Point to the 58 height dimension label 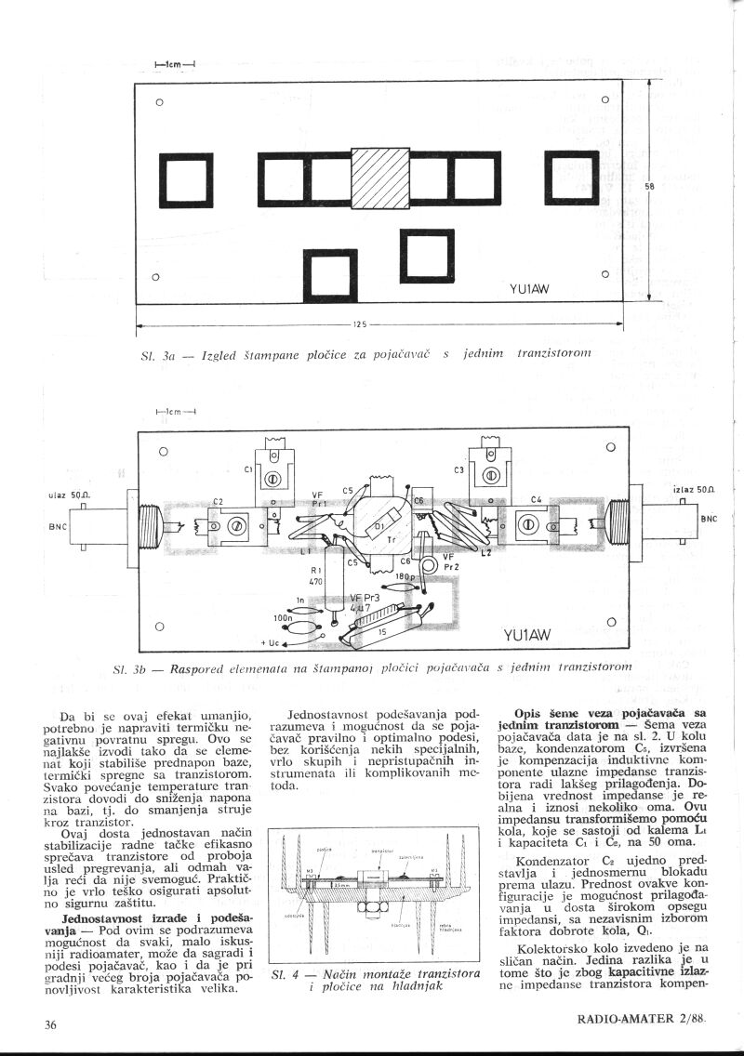click(649, 186)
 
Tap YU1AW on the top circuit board click(532, 288)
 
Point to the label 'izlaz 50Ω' click(691, 488)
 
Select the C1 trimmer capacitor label click(249, 469)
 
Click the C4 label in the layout click(536, 500)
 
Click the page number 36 click(51, 1024)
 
